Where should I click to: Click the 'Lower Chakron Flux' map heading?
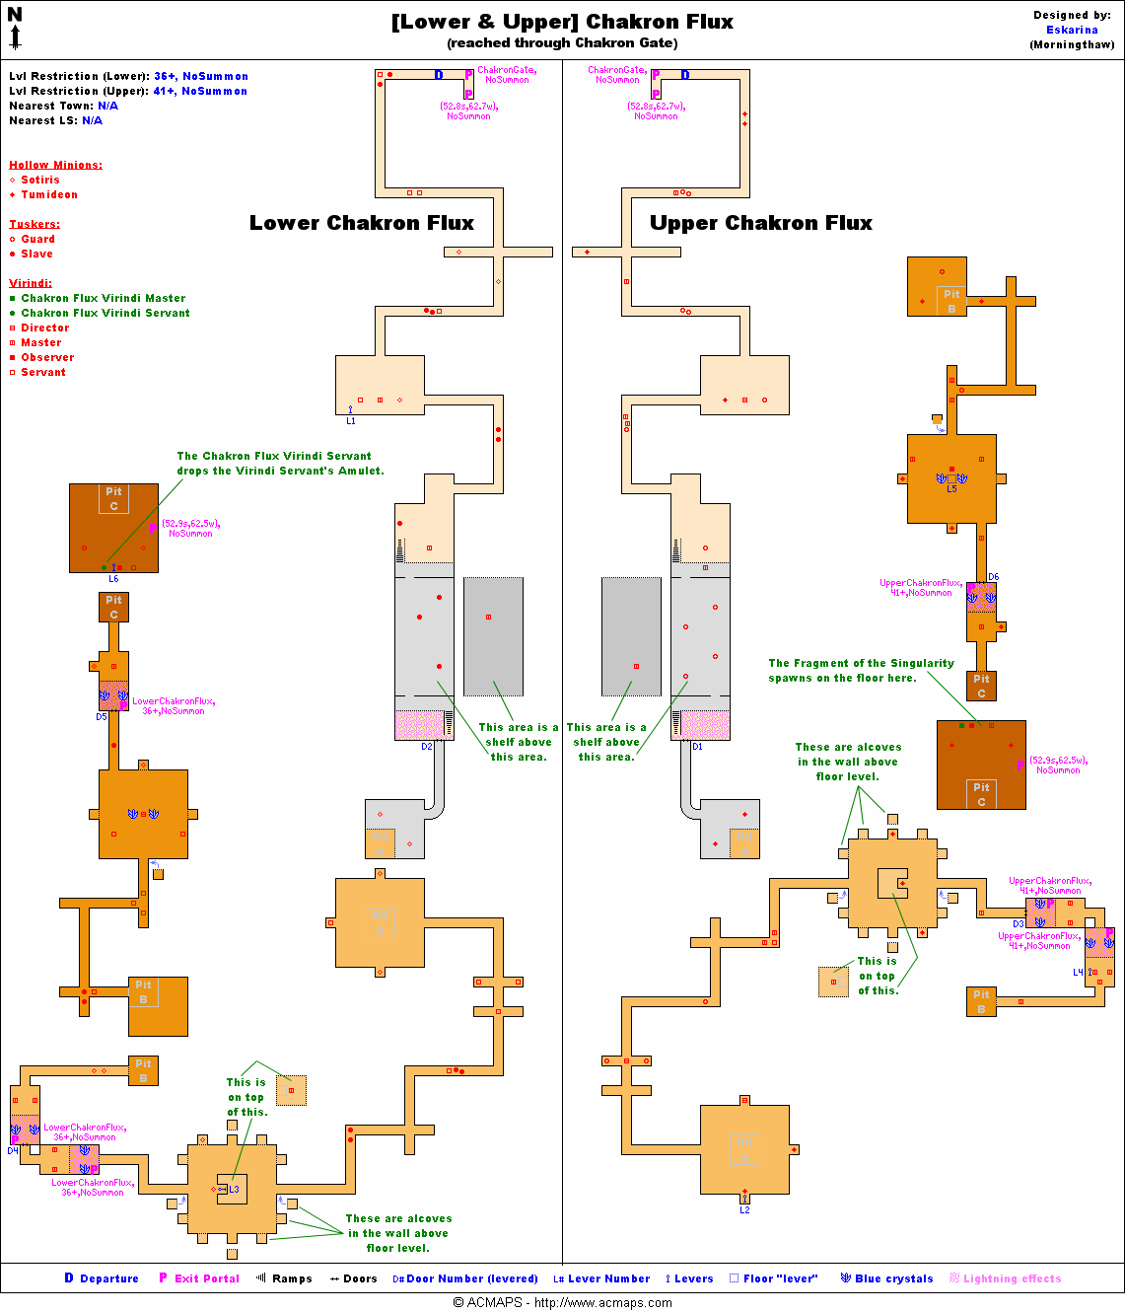click(x=361, y=223)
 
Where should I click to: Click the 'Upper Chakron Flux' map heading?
click(x=760, y=223)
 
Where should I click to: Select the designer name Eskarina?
click(x=1072, y=30)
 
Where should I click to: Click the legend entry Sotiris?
click(x=39, y=180)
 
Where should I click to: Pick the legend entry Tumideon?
click(x=49, y=194)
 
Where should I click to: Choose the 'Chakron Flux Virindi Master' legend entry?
click(x=103, y=298)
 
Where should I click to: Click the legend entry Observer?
click(x=47, y=357)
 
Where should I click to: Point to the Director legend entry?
click(x=45, y=328)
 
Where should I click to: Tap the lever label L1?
click(x=351, y=421)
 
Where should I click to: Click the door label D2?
click(x=427, y=747)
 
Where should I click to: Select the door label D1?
click(x=697, y=747)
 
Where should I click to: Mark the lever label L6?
click(x=113, y=579)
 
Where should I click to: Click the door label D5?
click(x=102, y=717)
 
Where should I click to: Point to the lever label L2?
click(x=744, y=1210)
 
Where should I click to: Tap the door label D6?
click(x=993, y=577)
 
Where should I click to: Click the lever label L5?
click(x=951, y=489)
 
